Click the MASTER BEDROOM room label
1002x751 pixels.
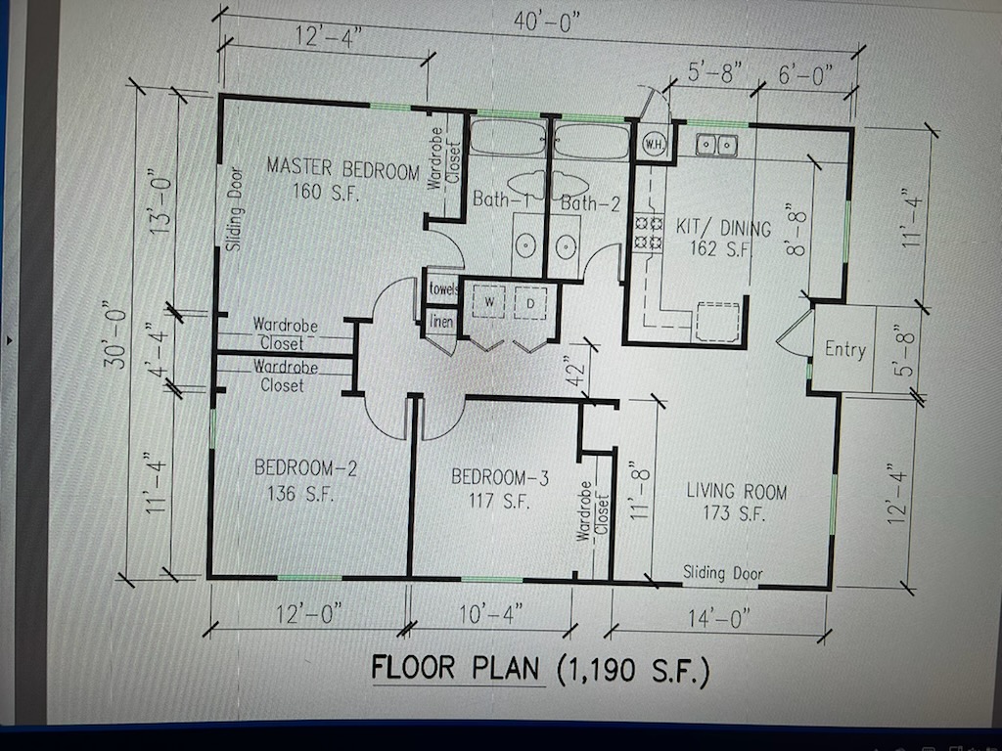[x=342, y=168]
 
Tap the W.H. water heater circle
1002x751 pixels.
[x=654, y=144]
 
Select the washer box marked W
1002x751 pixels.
[x=489, y=302]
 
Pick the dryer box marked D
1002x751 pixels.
[x=530, y=303]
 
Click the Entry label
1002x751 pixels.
[x=844, y=349]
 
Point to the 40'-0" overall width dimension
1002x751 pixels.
[x=546, y=23]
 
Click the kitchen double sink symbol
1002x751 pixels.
[x=716, y=145]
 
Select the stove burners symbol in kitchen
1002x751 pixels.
[x=649, y=233]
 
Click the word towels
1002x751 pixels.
[x=443, y=288]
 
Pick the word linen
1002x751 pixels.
[x=441, y=321]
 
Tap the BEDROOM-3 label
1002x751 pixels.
[x=500, y=477]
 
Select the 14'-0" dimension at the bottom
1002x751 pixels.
[x=719, y=618]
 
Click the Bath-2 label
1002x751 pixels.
[x=590, y=204]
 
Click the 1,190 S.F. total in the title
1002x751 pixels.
[x=634, y=670]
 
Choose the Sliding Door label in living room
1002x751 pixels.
[x=723, y=573]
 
